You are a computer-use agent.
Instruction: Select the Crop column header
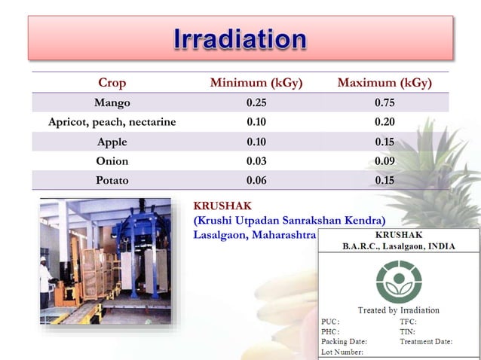112,82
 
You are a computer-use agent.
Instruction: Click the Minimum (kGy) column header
256,82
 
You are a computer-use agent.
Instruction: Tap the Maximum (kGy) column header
384,82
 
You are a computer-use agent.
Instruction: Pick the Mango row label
112,102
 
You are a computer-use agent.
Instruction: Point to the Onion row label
112,161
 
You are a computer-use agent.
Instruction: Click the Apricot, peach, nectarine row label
112,122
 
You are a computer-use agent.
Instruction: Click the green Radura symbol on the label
398,279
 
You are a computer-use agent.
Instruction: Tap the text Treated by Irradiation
398,310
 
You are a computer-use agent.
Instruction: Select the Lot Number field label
342,352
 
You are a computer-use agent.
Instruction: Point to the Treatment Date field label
426,341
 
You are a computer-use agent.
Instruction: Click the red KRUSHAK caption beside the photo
222,205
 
